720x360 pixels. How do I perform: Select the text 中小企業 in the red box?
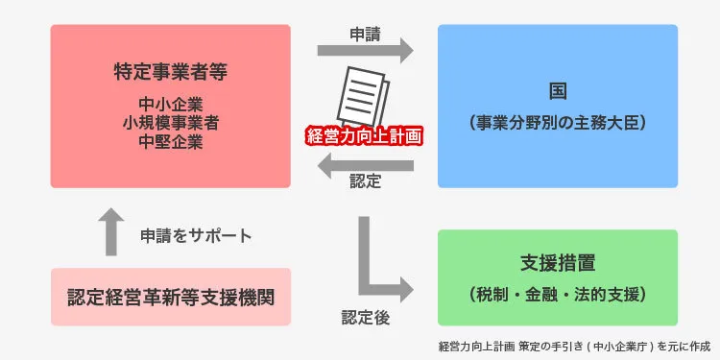170,103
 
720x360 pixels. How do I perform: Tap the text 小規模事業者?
170,122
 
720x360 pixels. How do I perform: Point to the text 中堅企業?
170,141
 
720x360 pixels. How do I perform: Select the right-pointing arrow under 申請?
364,49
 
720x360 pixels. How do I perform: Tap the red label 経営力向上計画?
364,135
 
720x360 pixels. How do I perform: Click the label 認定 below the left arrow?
365,182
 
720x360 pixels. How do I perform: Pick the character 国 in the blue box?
557,92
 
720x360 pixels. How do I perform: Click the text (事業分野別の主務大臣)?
557,123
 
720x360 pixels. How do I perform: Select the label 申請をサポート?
196,235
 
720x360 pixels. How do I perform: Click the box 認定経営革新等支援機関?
170,296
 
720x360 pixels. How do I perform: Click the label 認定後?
365,317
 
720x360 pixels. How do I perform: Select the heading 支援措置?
557,262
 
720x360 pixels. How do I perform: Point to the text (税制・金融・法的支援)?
557,293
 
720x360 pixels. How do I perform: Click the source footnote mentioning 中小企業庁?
573,346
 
